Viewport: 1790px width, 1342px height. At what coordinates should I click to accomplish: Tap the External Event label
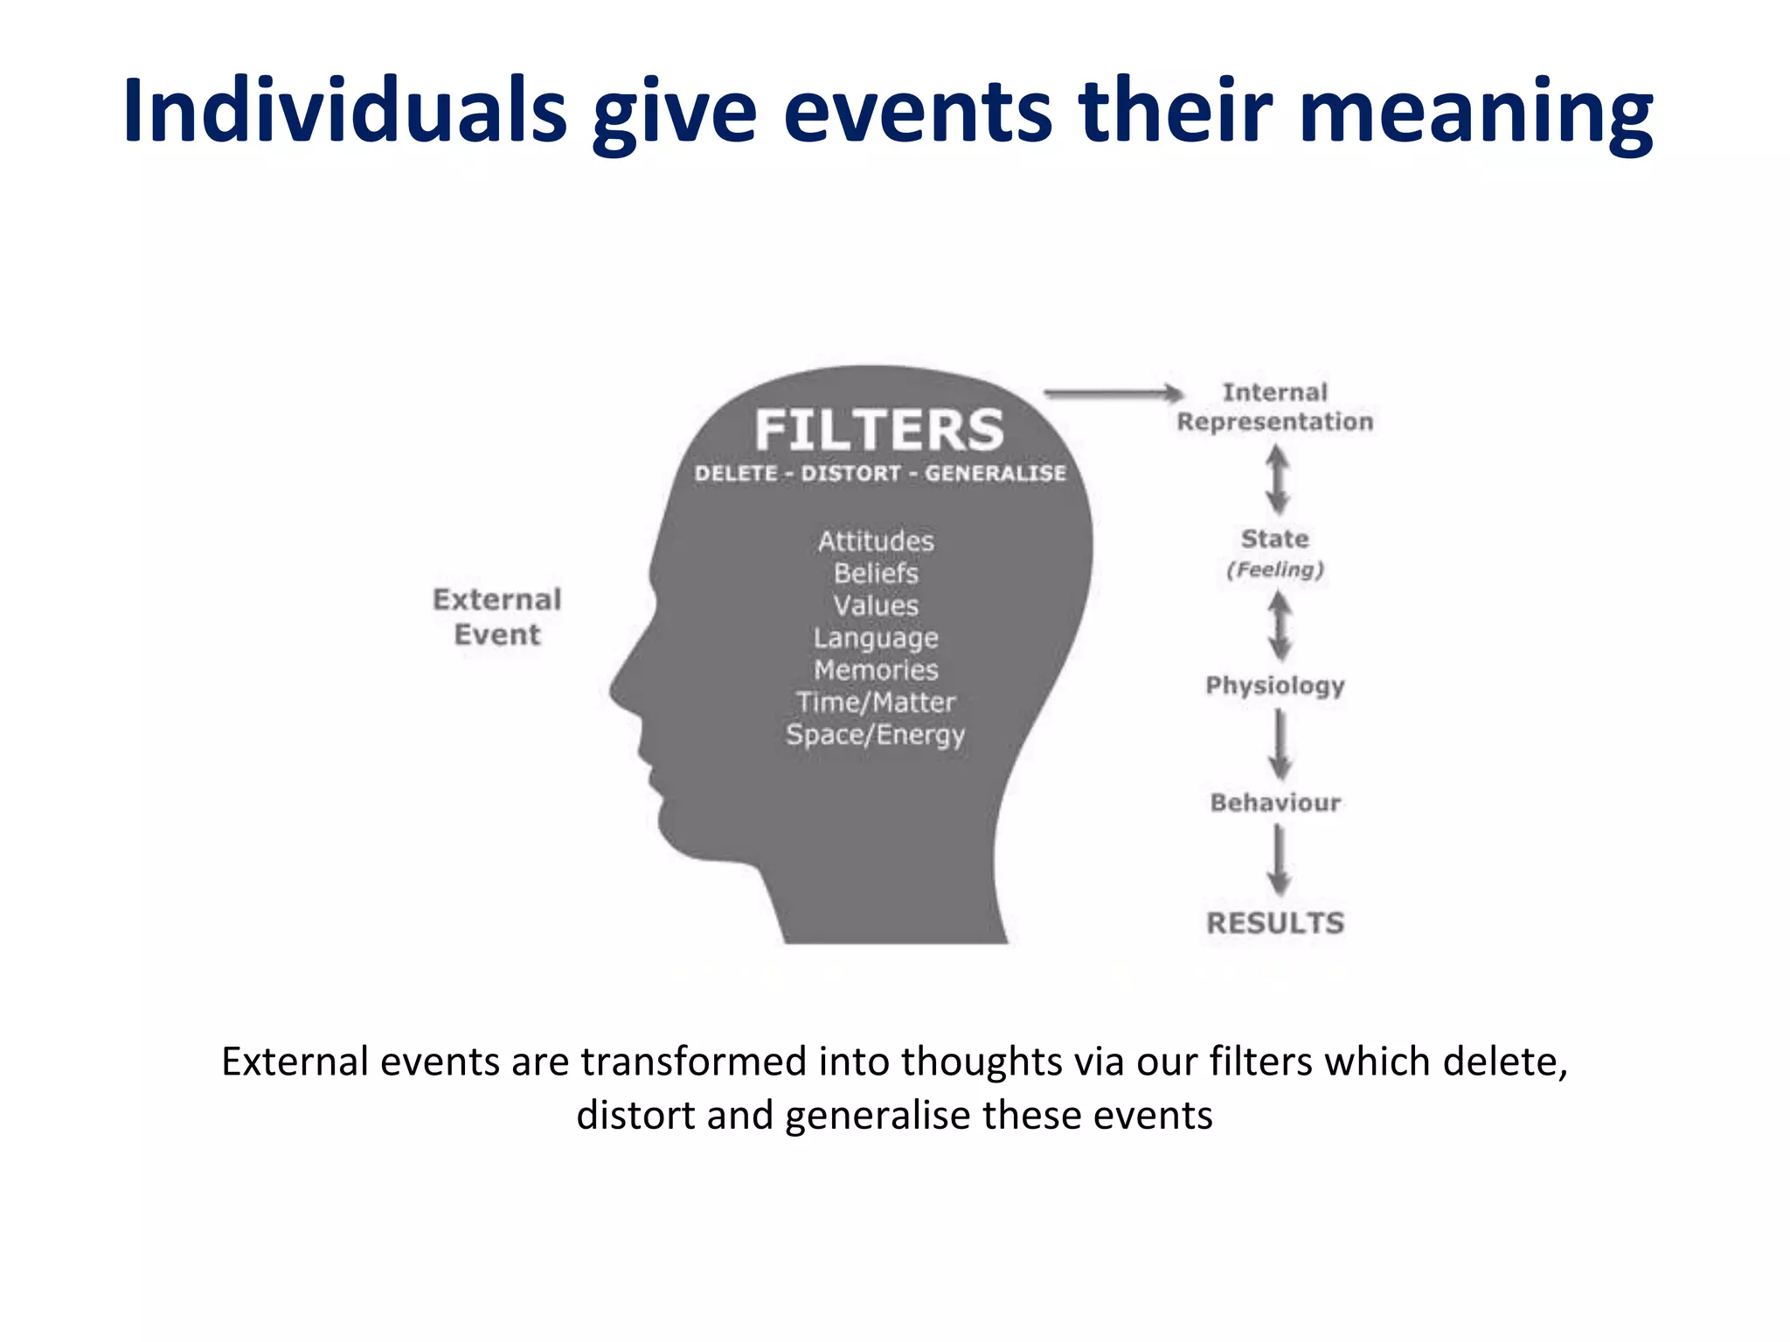point(496,617)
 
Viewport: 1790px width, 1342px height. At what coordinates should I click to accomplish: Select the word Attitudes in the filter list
point(876,541)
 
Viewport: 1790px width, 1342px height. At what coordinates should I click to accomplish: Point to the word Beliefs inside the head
point(876,573)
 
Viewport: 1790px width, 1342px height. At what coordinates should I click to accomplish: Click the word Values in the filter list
point(876,605)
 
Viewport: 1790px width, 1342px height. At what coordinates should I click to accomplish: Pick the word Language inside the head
point(876,638)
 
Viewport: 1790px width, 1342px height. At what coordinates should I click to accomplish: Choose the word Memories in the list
point(876,670)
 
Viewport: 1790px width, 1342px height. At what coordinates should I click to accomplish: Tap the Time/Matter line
point(876,702)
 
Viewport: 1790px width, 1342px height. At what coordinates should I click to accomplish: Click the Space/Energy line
point(876,735)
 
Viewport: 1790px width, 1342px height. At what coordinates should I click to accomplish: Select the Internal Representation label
point(1275,407)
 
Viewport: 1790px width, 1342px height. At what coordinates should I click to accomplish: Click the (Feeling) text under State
point(1275,570)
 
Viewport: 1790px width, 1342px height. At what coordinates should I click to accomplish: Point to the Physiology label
point(1275,686)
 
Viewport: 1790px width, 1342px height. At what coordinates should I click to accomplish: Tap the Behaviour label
point(1275,802)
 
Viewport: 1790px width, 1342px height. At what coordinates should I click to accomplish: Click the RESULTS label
point(1275,923)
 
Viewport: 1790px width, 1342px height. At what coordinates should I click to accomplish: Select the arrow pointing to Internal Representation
point(1114,393)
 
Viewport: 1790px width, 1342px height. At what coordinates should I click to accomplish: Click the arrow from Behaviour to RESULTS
point(1280,861)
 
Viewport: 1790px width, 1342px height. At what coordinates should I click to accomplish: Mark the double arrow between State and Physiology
point(1280,626)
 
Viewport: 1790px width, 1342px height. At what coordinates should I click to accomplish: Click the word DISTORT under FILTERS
point(850,474)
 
